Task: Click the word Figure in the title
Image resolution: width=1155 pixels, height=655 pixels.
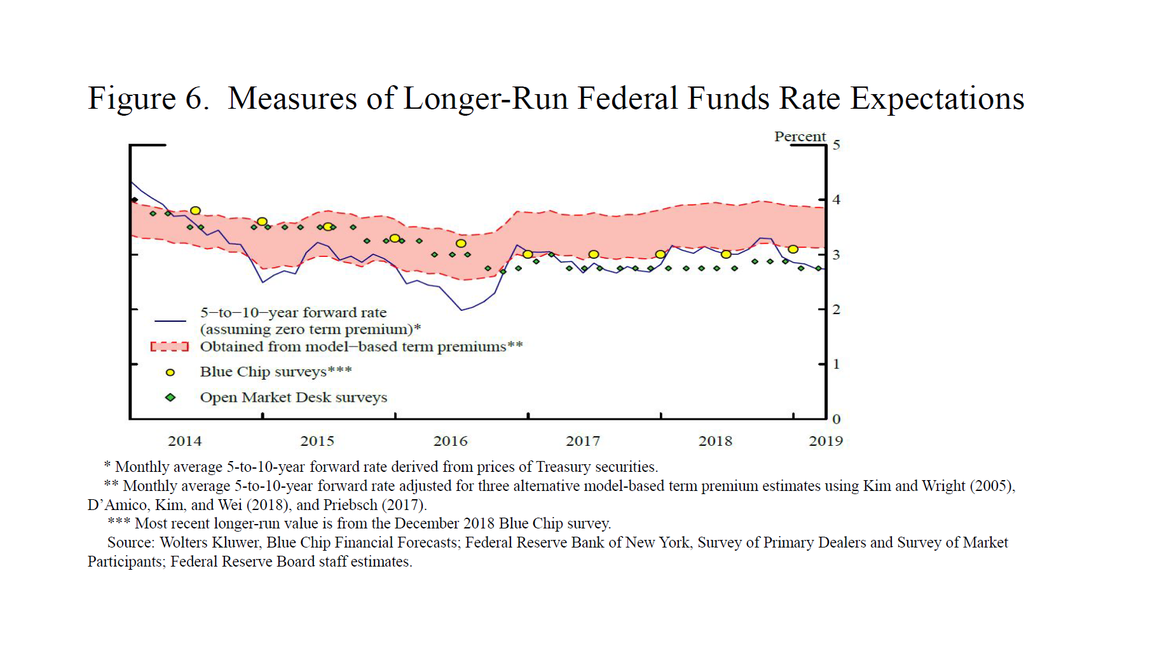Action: point(132,99)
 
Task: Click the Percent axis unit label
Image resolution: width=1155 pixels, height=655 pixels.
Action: point(800,137)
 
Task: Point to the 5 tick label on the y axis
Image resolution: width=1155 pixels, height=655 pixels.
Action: point(837,145)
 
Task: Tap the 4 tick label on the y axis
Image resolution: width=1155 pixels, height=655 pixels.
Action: point(837,200)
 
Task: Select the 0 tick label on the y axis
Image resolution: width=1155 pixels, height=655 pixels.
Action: point(837,419)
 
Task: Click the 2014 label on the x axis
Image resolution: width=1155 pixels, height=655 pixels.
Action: point(184,441)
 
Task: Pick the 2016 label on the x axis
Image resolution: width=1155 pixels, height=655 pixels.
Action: point(450,441)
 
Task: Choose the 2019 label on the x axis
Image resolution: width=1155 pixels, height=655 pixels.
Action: point(825,441)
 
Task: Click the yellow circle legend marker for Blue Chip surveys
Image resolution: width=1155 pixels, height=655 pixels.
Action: point(170,373)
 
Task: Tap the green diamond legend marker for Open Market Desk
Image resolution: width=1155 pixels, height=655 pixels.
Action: point(170,397)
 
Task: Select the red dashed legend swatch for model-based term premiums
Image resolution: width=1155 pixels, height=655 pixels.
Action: point(170,347)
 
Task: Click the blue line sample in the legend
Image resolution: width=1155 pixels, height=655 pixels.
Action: point(170,321)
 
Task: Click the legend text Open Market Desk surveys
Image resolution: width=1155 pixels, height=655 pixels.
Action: point(293,397)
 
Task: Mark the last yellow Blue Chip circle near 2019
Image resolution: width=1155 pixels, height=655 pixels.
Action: point(793,249)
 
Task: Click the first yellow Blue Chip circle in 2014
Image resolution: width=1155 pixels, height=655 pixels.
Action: point(196,210)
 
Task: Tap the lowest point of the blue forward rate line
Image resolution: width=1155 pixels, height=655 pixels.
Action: point(462,310)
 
